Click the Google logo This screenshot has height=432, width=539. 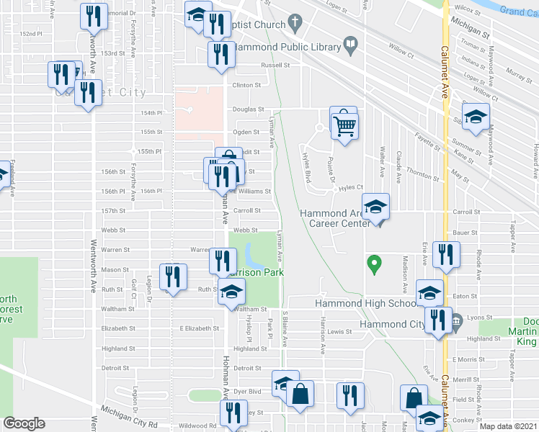coord(24,423)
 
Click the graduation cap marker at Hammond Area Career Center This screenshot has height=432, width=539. coord(375,208)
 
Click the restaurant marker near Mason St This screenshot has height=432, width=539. coord(173,276)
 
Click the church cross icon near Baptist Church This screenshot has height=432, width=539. coord(294,22)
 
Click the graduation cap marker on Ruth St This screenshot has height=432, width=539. coord(231,292)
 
